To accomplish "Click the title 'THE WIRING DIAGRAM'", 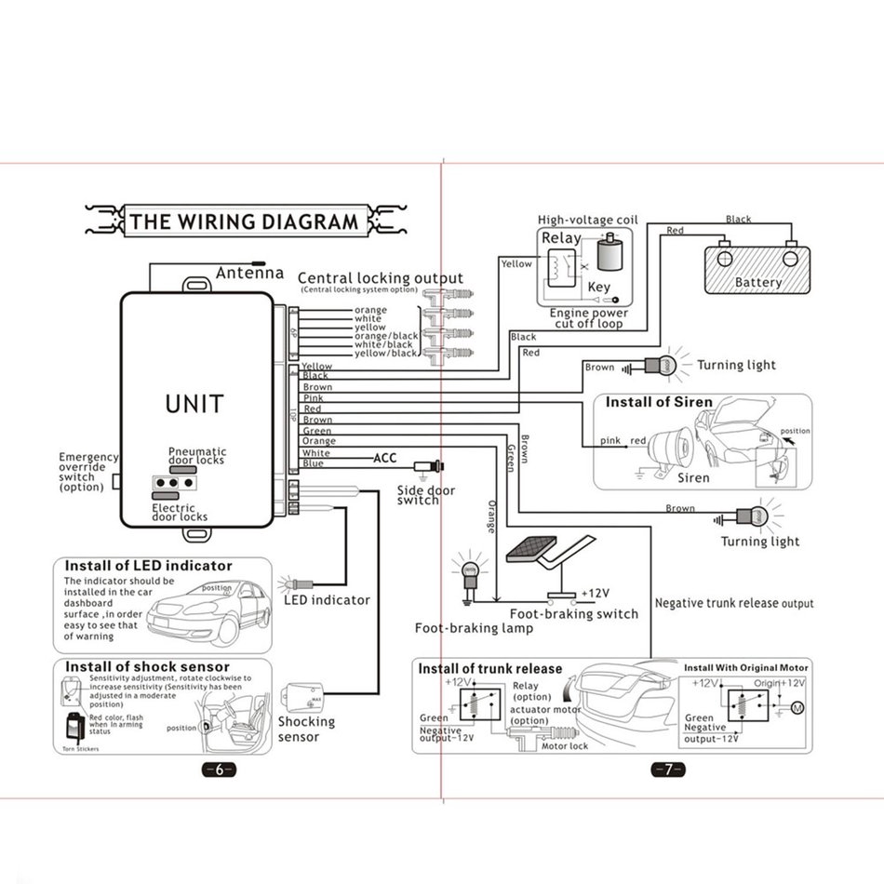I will pos(243,221).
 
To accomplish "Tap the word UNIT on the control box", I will pos(194,404).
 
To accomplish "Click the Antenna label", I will pos(249,274).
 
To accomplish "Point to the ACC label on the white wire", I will pos(385,458).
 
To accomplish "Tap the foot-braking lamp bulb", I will pos(469,569).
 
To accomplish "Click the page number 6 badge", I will pos(219,770).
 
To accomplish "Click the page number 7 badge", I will pos(667,770).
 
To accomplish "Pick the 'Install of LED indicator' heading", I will pos(148,566).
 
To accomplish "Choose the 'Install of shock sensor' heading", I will pos(147,666).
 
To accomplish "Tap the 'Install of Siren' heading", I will pos(659,403).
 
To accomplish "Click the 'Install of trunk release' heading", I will pos(490,668).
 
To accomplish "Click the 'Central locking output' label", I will pos(380,278).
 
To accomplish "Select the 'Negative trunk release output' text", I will pos(734,603).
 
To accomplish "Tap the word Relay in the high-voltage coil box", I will pos(561,238).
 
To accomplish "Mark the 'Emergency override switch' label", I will pos(88,472).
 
